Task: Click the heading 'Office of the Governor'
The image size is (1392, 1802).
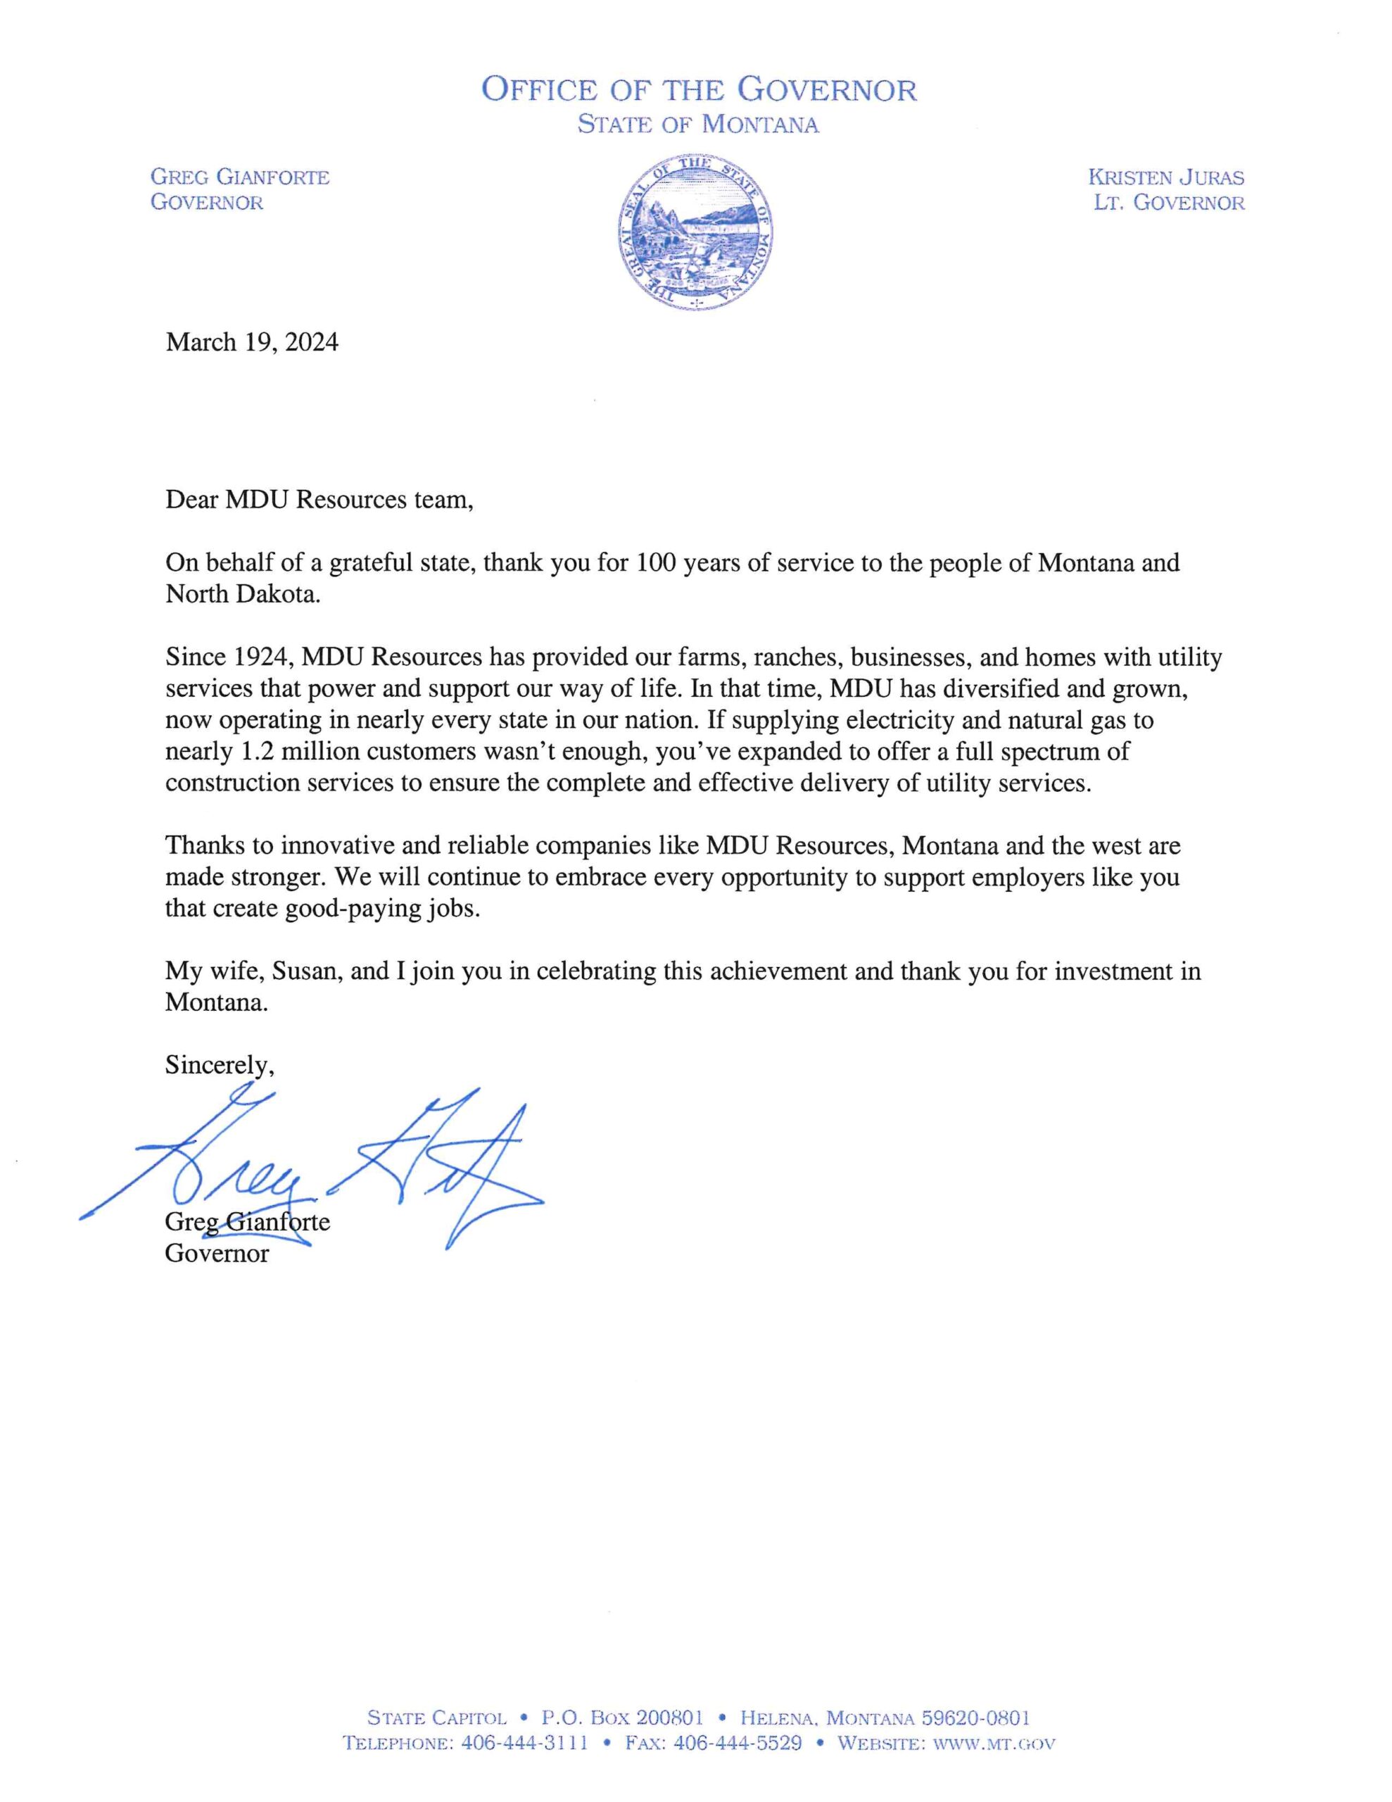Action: tap(698, 89)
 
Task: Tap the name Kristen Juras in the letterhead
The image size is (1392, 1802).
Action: tap(1166, 177)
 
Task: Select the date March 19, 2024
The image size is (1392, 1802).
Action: tap(252, 341)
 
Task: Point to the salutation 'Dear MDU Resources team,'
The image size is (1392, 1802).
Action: tap(319, 500)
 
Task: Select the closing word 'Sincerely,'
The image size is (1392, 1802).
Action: tap(220, 1065)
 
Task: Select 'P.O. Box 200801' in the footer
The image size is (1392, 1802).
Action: tap(621, 1718)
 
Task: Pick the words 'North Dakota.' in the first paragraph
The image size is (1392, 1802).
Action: tap(242, 595)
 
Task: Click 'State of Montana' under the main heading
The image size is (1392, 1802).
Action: tap(698, 125)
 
